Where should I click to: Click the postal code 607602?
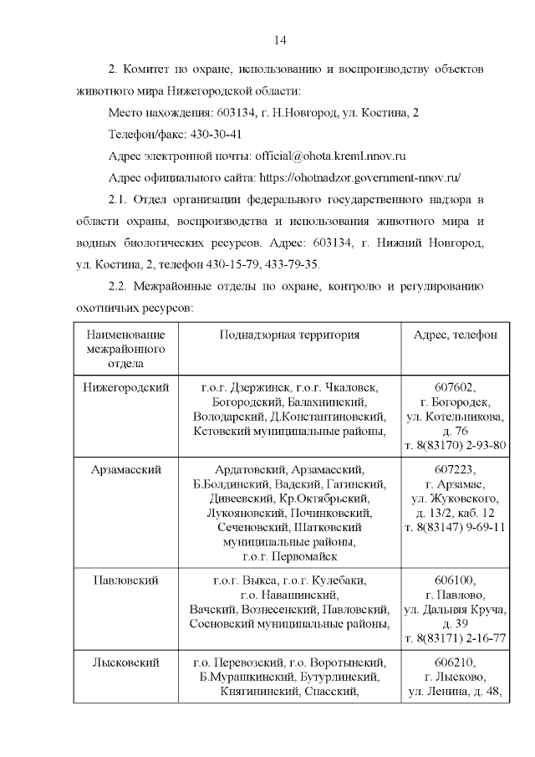[x=456, y=387]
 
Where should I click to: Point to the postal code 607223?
[x=456, y=470]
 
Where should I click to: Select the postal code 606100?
[x=456, y=580]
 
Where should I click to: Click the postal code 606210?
[x=456, y=662]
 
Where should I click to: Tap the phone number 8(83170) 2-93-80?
[x=461, y=445]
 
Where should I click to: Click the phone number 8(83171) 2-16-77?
[x=461, y=638]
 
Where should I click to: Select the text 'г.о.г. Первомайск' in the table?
[x=289, y=556]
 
